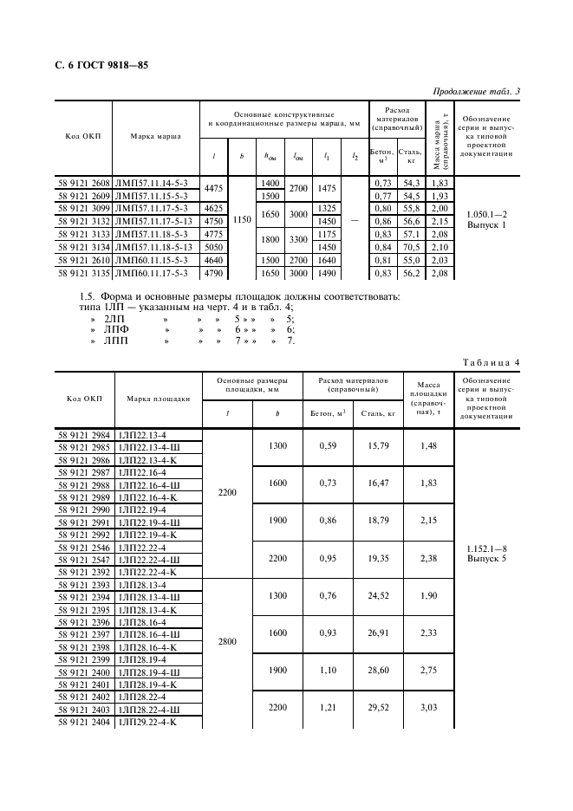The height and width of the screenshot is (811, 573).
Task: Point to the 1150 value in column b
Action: (x=242, y=220)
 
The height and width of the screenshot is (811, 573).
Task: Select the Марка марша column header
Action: (x=155, y=136)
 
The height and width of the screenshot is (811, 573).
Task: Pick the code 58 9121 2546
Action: (x=84, y=548)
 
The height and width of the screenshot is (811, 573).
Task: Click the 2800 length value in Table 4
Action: (x=227, y=645)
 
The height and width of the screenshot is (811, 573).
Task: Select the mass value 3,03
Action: (x=428, y=708)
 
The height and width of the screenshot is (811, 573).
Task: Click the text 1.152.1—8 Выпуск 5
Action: (x=485, y=555)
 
